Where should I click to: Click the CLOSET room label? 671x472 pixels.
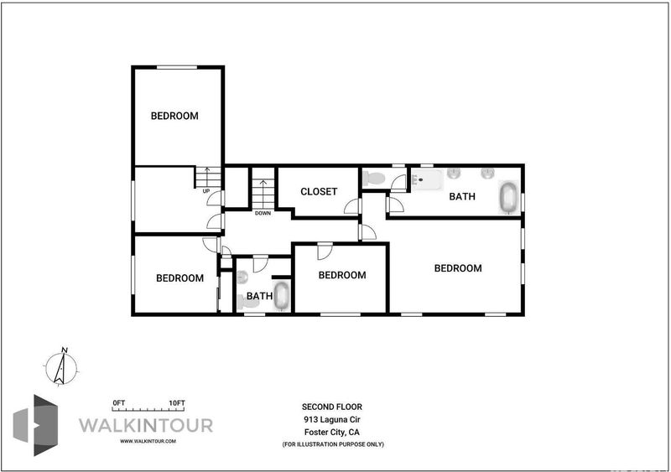(x=319, y=192)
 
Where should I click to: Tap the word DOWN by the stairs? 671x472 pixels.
(x=263, y=213)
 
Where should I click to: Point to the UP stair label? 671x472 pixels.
(x=206, y=191)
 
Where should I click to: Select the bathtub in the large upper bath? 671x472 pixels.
(x=508, y=197)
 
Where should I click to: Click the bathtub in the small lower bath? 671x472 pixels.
(x=282, y=296)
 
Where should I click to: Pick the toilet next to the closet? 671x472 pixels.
(x=374, y=178)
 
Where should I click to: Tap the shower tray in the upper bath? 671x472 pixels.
(x=427, y=180)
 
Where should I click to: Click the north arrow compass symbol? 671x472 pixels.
(x=61, y=367)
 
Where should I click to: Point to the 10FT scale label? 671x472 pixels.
(x=177, y=403)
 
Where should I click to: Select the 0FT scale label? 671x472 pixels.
(x=118, y=403)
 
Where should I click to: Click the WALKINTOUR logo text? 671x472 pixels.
(x=146, y=425)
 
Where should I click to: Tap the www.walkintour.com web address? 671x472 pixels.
(x=148, y=441)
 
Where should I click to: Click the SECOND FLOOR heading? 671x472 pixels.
(x=332, y=407)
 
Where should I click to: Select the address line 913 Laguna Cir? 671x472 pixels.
(x=332, y=419)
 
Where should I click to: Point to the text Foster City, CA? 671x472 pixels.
(x=332, y=433)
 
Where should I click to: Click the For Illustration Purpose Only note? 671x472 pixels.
(x=333, y=444)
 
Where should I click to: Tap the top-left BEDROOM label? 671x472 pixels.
(x=174, y=116)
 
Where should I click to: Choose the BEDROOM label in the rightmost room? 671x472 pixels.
(x=458, y=268)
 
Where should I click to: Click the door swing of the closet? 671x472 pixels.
(x=352, y=206)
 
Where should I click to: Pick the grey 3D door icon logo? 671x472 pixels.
(x=35, y=425)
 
